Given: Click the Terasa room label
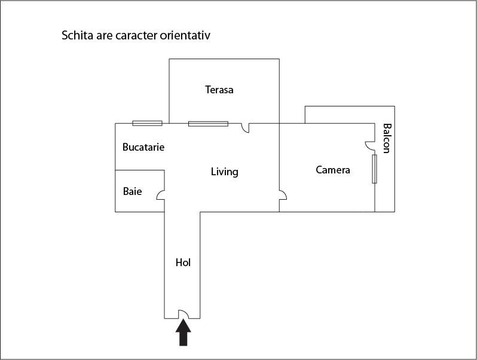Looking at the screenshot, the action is point(219,90).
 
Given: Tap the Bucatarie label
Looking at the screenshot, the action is point(143,147).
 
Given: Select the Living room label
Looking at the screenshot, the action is point(225,172).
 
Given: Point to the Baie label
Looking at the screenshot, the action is point(132,191).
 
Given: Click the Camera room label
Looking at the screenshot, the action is point(333,170).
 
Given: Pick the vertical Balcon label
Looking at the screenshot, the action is point(386,138).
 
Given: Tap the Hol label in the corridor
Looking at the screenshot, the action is point(183,263).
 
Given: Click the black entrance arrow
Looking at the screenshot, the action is point(183,332).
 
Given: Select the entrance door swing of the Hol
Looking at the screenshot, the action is point(183,314).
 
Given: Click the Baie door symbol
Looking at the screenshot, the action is point(161,195).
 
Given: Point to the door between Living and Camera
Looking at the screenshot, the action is point(283,195).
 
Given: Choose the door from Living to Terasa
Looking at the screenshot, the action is point(245,128).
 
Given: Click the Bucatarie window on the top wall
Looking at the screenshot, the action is point(147,123).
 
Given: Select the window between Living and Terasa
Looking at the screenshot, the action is point(208,124).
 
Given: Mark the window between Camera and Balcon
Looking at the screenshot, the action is point(374,169).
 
